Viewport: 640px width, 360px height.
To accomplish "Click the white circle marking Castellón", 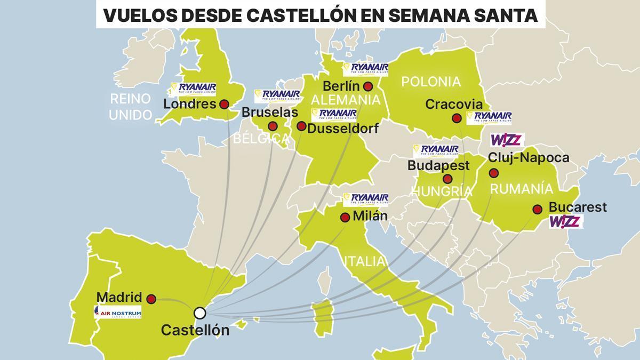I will pyautogui.click(x=200, y=313).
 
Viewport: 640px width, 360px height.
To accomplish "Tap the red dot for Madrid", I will pyautogui.click(x=151, y=299).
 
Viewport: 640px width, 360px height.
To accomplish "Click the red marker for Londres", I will pyautogui.click(x=224, y=105).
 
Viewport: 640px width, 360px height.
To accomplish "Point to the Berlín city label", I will pyautogui.click(x=341, y=86).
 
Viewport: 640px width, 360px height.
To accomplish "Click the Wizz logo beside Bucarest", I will pyautogui.click(x=565, y=221).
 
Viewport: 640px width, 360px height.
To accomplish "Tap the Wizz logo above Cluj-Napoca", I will pyautogui.click(x=507, y=140).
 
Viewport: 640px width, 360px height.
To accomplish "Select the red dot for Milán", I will pyautogui.click(x=345, y=218).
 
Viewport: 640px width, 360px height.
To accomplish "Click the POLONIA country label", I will pyautogui.click(x=430, y=82).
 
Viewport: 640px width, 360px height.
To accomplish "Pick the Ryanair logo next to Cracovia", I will pyautogui.click(x=489, y=117).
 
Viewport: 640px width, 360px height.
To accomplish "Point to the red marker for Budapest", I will pyautogui.click(x=447, y=179).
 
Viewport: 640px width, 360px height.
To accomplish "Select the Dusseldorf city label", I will pyautogui.click(x=343, y=129).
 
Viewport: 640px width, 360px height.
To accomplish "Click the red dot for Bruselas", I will pyautogui.click(x=273, y=126).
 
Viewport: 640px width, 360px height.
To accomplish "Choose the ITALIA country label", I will pyautogui.click(x=365, y=261).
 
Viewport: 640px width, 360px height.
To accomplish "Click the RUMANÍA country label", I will pyautogui.click(x=522, y=189).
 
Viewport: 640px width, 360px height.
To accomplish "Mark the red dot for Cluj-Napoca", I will pyautogui.click(x=494, y=173).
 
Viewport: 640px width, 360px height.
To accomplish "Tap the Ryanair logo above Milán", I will pyautogui.click(x=365, y=199).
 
